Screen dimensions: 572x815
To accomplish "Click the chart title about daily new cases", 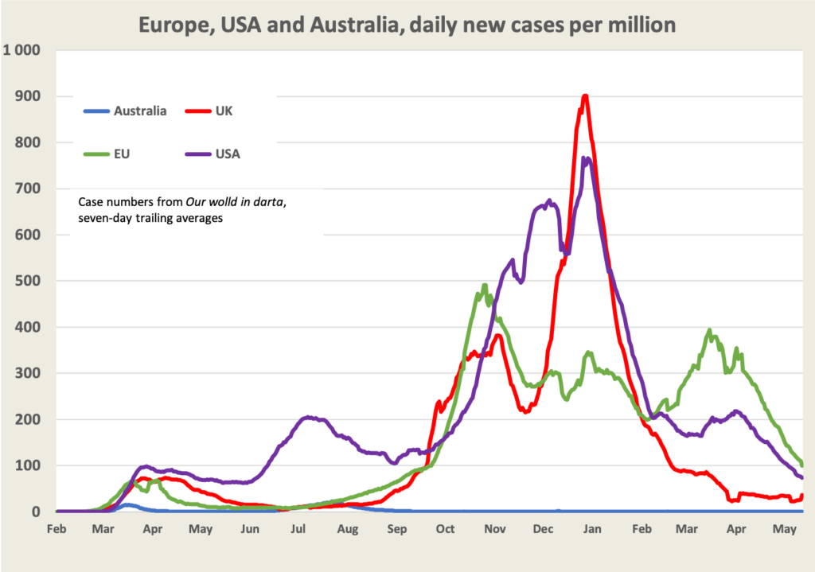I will pyautogui.click(x=407, y=24).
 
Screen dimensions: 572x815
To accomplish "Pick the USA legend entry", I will pyautogui.click(x=227, y=154).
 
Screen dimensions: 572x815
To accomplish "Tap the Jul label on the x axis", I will pyautogui.click(x=299, y=528).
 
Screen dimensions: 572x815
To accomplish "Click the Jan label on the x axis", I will pyautogui.click(x=593, y=528).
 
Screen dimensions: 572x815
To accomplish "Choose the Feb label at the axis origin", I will pyautogui.click(x=57, y=528).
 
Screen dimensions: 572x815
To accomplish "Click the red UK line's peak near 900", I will pyautogui.click(x=585, y=95).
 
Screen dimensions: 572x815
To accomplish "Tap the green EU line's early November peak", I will pyautogui.click(x=485, y=285).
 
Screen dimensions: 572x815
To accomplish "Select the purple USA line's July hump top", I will pyautogui.click(x=308, y=417).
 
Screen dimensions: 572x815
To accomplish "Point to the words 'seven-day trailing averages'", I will pyautogui.click(x=151, y=219).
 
